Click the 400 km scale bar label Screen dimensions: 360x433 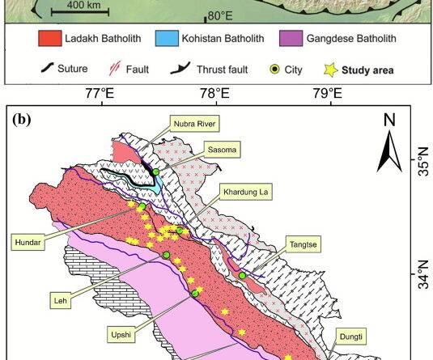click(x=83, y=6)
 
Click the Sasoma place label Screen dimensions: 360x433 click(x=209, y=152)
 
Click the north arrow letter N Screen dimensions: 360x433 click(x=390, y=120)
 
